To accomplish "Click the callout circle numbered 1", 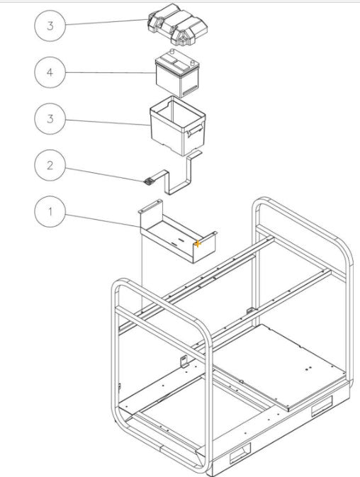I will tap(50, 212).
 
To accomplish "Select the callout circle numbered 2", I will tap(50, 166).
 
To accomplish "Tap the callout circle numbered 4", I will tap(50, 72).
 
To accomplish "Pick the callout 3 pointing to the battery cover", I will tap(50, 26).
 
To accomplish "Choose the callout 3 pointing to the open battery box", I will tap(50, 118).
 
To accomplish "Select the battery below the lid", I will tap(178, 75).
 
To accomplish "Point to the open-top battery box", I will tap(177, 123).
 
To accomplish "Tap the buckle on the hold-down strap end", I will tap(148, 181).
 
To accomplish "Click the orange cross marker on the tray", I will tap(198, 243).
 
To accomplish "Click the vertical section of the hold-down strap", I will tap(189, 174).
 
